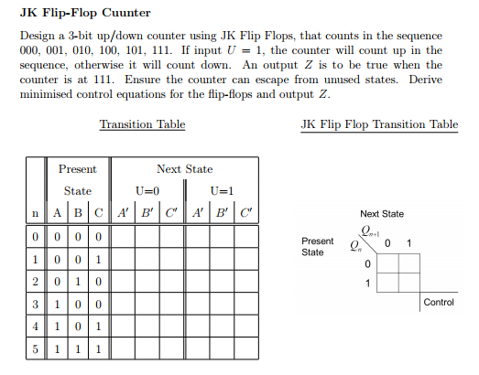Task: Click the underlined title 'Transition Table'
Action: (142, 123)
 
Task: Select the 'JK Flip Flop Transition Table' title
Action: (379, 123)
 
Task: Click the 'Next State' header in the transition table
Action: (184, 168)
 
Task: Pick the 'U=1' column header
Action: (221, 191)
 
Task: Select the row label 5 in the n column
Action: (35, 348)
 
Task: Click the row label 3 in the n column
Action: (35, 304)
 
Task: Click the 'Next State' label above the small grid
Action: (381, 213)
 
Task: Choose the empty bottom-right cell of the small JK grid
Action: (408, 283)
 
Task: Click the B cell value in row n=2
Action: (77, 281)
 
